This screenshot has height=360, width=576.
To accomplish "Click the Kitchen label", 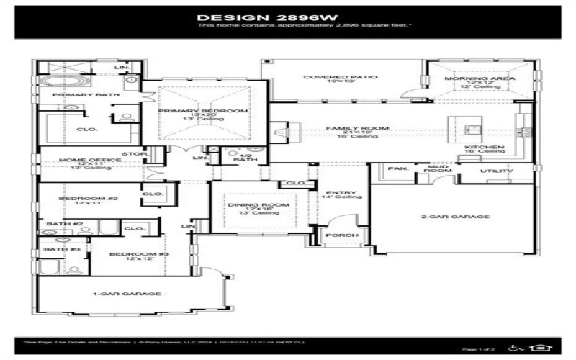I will click(484, 148).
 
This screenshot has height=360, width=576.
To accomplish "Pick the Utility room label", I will click(496, 171).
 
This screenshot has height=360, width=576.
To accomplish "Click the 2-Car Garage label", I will click(451, 216).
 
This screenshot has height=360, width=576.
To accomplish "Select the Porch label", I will click(337, 235).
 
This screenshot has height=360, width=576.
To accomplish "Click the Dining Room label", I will click(248, 205).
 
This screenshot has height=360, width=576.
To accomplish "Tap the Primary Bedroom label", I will click(203, 111).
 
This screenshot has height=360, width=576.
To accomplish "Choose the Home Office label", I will click(81, 160).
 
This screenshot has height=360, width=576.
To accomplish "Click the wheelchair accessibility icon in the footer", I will click(513, 348).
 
